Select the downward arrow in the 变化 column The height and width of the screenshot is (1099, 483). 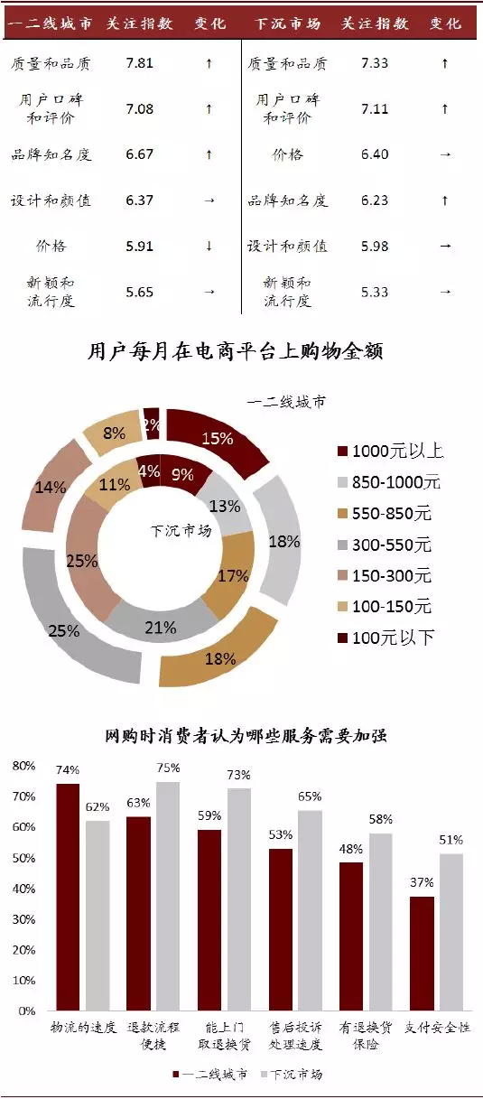pyautogui.click(x=209, y=246)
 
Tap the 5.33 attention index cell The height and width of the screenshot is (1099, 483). pyautogui.click(x=374, y=292)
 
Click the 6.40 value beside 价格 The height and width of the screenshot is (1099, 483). pyautogui.click(x=374, y=154)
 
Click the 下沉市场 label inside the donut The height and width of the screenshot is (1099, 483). pyautogui.click(x=180, y=530)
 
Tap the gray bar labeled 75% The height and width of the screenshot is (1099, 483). pyautogui.click(x=168, y=895)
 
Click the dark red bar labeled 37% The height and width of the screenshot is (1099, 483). pyautogui.click(x=422, y=953)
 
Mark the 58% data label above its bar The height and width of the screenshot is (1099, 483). pyautogui.click(x=380, y=820)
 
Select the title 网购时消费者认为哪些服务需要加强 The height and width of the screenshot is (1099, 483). pyautogui.click(x=246, y=736)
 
